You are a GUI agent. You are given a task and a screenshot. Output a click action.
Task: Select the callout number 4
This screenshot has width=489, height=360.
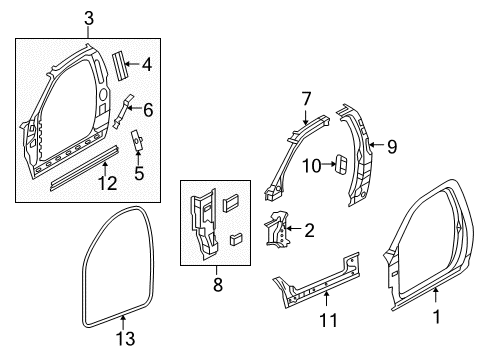tap(146, 65)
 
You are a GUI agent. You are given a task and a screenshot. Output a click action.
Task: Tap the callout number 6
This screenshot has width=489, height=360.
tap(148, 109)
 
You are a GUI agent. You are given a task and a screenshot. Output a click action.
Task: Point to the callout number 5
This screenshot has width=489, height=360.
tap(139, 173)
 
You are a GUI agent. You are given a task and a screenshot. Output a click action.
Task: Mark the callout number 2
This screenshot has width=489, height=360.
tap(309, 231)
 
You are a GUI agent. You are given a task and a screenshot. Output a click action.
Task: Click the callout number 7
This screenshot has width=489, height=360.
tap(307, 97)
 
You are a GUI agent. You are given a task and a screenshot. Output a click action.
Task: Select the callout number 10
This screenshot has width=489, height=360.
tap(311, 164)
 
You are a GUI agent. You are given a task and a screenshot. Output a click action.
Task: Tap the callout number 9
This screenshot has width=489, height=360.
tap(393, 147)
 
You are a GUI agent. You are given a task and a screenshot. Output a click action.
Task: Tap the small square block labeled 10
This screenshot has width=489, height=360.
tap(339, 163)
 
